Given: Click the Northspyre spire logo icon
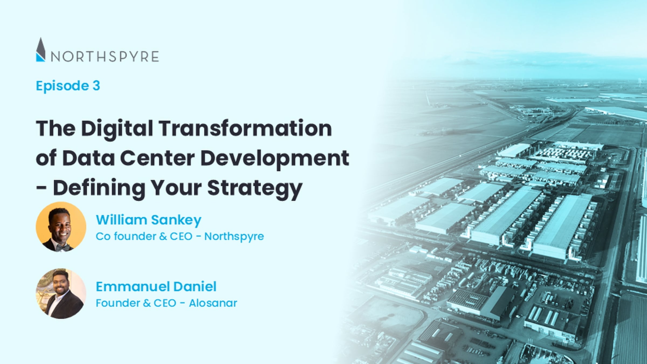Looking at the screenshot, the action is point(40,50).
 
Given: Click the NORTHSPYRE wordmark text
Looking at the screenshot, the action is point(105,57).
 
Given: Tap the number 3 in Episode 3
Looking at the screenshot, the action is point(96,86).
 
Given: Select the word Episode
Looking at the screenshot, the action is point(62,86).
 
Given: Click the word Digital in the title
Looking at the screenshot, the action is point(117,129).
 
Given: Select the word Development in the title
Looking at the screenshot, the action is point(275,159).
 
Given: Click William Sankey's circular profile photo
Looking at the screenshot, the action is point(61,227).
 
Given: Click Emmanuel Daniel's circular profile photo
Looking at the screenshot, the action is point(61,293).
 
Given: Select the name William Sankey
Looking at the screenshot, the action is point(149,220).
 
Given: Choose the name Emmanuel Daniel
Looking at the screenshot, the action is point(156,286).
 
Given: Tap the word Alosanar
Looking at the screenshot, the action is point(213,303).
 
